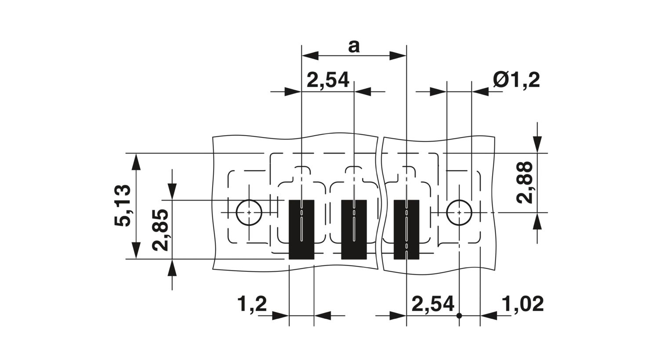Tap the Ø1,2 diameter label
point(516,80)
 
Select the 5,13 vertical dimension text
point(123,205)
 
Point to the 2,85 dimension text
point(161,230)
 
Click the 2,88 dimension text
point(525,182)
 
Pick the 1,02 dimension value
point(522,304)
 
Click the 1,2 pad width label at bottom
point(252,304)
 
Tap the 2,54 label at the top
point(328,80)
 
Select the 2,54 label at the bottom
point(433,304)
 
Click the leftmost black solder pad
point(301,230)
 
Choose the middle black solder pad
point(354,230)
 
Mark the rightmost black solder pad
point(406,230)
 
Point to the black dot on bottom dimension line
point(459,316)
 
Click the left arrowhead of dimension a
point(310,56)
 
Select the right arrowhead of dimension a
point(398,56)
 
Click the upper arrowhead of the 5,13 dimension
point(136,162)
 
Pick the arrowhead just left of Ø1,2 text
point(480,92)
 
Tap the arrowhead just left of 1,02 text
point(489,316)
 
